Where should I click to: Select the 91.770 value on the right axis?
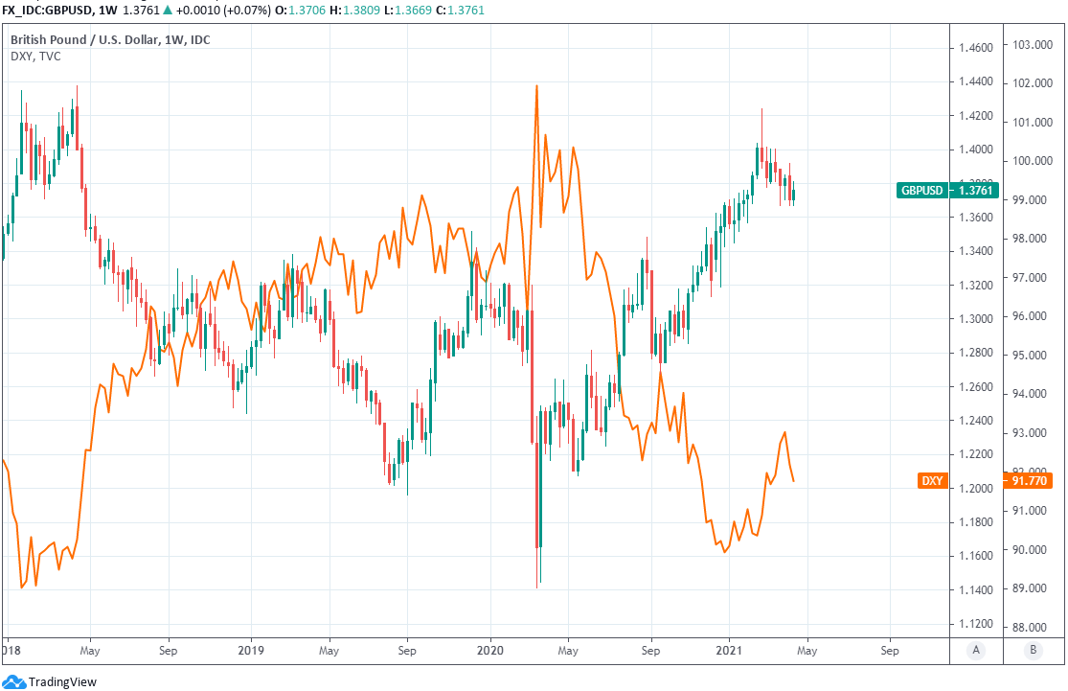click(x=1032, y=480)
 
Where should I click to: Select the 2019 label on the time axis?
click(x=250, y=649)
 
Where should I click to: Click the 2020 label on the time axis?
click(x=489, y=649)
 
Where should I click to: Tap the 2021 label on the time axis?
click(x=729, y=649)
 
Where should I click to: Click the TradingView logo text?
click(x=62, y=681)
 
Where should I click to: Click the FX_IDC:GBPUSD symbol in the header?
click(x=46, y=11)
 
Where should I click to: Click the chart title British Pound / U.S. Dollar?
click(x=90, y=39)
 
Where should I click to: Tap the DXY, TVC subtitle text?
click(x=35, y=57)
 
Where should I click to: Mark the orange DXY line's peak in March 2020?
click(x=536, y=86)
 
